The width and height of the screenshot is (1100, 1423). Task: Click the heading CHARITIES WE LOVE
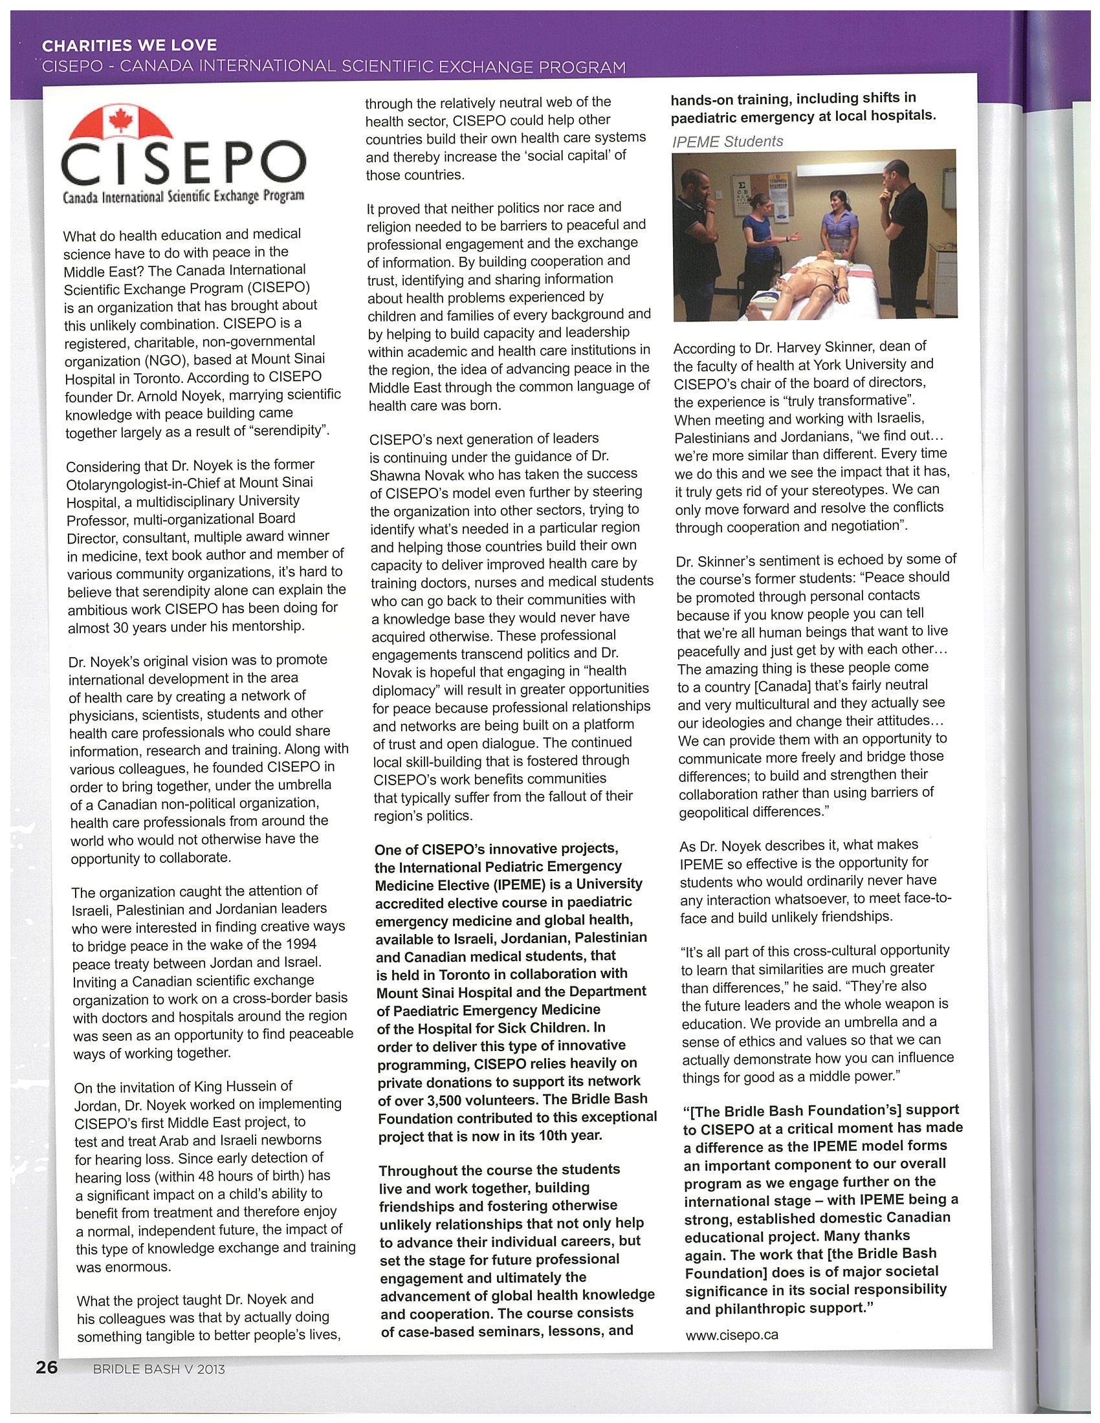129,47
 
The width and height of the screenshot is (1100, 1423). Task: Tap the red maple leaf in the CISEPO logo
120,121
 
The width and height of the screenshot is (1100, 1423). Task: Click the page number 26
47,1366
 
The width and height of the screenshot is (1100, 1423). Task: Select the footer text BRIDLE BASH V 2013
159,1369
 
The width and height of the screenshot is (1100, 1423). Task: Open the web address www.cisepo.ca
732,1334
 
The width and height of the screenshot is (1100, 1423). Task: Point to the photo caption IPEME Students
727,142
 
